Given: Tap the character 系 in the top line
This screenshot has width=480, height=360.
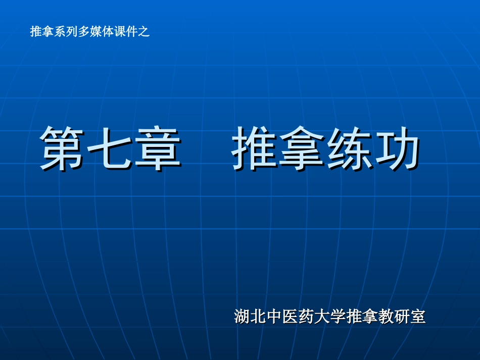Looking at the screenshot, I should coord(60,32).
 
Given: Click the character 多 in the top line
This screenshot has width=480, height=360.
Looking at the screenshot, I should coord(84,32).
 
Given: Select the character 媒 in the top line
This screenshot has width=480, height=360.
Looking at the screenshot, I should coord(96,32).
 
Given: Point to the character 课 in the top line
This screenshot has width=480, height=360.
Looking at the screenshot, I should coord(120,32).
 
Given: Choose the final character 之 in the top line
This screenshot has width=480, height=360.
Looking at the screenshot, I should coord(144,32).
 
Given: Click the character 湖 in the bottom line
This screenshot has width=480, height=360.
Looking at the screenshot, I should coord(242,317).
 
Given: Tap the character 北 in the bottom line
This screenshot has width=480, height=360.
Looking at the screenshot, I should coord(259,317).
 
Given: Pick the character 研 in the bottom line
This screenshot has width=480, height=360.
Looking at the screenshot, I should coord(402,317).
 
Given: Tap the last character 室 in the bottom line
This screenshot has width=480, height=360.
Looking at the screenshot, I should coord(418,317).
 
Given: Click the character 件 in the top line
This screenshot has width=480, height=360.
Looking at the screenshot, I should coord(132,32).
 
